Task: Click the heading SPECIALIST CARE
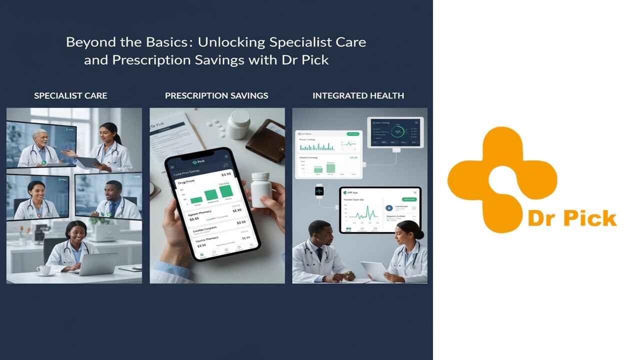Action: click(70, 95)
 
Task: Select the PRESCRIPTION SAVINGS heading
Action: click(216, 95)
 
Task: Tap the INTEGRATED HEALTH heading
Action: click(358, 95)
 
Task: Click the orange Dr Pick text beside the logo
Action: click(572, 218)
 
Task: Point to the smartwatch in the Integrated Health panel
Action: click(319, 191)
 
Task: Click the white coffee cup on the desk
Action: click(43, 270)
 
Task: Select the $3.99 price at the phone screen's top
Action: click(226, 174)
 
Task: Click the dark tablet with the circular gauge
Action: click(395, 132)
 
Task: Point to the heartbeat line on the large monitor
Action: click(362, 214)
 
